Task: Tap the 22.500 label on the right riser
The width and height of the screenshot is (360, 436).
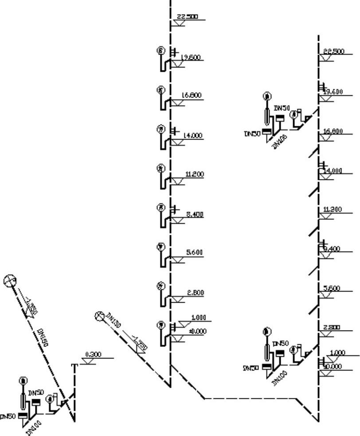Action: [334, 52]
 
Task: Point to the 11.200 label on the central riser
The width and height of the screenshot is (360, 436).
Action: [194, 175]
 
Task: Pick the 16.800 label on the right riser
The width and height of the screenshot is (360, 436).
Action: [333, 131]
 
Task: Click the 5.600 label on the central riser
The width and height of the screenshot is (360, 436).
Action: [194, 253]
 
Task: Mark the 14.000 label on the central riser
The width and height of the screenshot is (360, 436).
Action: [192, 136]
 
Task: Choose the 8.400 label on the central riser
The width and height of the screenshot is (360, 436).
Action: [195, 214]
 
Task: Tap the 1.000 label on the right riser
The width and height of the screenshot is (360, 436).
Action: [338, 353]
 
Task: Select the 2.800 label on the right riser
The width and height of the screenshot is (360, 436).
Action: [332, 327]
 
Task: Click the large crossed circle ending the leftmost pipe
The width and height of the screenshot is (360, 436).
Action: [9, 280]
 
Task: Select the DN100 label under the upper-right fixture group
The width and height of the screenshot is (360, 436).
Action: [279, 141]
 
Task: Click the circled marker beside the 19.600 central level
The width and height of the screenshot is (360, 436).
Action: [161, 51]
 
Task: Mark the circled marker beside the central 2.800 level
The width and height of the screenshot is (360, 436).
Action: [161, 286]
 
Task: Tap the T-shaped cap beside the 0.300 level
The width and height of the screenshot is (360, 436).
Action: [74, 365]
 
